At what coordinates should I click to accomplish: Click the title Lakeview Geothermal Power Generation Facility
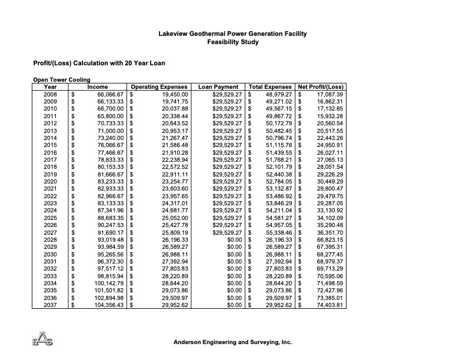click(232, 34)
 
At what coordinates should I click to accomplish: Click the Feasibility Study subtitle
click(232, 42)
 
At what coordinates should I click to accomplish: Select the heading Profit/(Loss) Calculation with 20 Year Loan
click(99, 63)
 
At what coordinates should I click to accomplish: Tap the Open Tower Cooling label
click(61, 81)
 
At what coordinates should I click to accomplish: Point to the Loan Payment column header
click(219, 87)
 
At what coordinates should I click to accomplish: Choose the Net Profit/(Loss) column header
click(321, 87)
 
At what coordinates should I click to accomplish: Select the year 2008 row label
click(51, 94)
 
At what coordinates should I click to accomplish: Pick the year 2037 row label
click(51, 306)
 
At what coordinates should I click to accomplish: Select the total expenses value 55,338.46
click(279, 233)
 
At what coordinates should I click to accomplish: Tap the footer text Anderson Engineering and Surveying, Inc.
click(232, 342)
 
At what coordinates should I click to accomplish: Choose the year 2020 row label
click(51, 182)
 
